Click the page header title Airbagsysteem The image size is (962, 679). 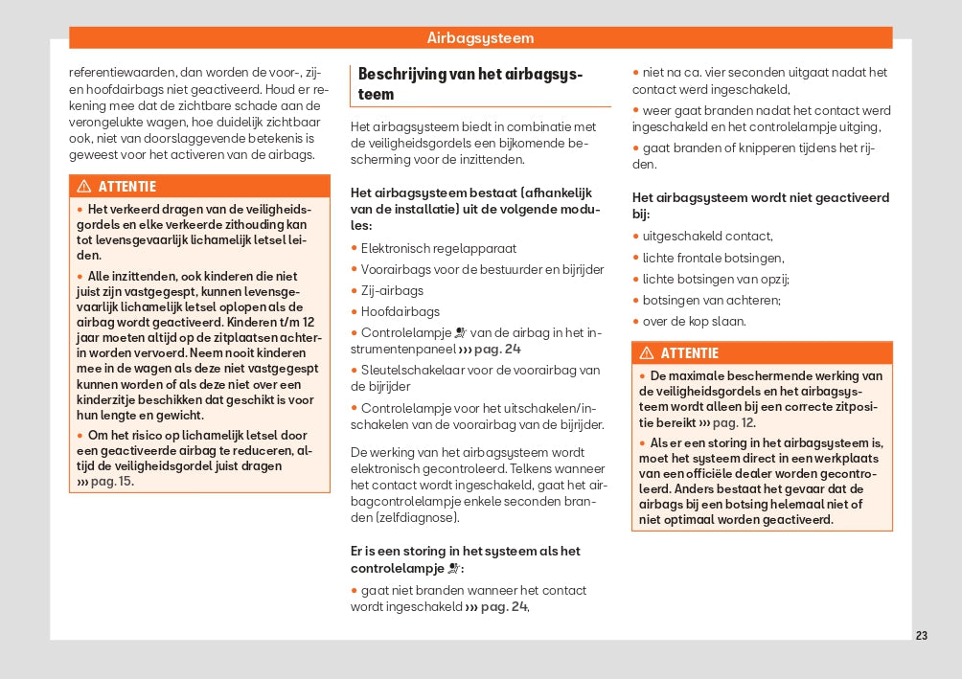(x=480, y=38)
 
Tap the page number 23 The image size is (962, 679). (x=922, y=636)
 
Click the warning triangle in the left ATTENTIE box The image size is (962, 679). (x=84, y=187)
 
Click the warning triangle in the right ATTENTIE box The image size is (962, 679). (x=647, y=353)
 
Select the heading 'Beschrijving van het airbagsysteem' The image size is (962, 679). (x=470, y=83)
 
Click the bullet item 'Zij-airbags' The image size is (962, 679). (x=392, y=290)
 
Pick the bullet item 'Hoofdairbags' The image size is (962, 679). (x=400, y=311)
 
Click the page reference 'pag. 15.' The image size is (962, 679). (x=111, y=481)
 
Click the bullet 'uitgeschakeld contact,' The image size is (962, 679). (x=707, y=237)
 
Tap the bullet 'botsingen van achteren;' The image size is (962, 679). (x=699, y=301)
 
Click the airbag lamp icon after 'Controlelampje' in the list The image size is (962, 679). (x=460, y=333)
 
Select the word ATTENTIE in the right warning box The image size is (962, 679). (x=689, y=353)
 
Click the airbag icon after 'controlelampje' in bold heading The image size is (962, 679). (x=453, y=568)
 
